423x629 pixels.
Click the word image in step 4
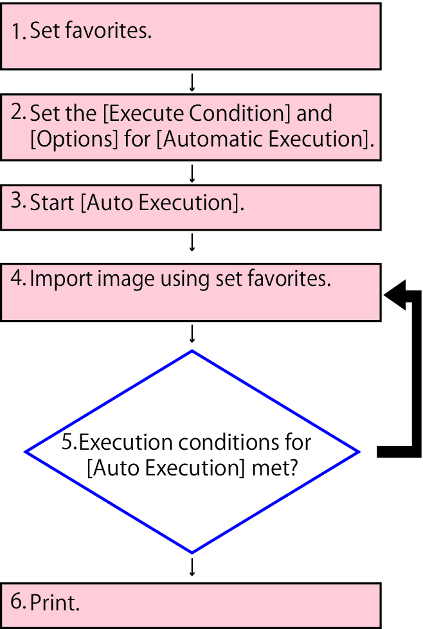tap(119, 279)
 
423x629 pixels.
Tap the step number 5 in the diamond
tap(66, 443)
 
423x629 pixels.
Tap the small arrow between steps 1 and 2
tap(192, 82)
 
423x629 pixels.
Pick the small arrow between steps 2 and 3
tap(192, 173)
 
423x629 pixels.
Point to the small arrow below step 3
tap(192, 242)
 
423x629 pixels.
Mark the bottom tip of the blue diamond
tap(192, 553)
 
